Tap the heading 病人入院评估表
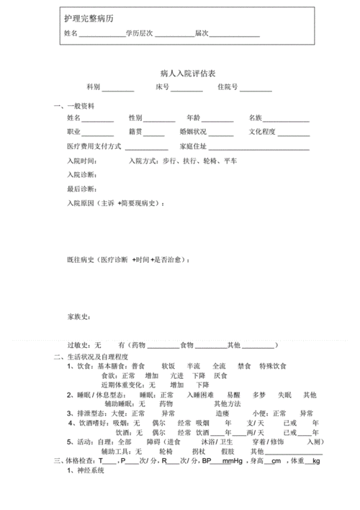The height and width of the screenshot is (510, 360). click(180, 73)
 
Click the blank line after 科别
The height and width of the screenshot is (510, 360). click(117, 89)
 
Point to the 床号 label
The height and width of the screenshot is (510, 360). click(162, 87)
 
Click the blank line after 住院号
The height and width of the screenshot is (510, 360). click(256, 89)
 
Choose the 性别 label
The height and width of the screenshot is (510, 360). click(135, 117)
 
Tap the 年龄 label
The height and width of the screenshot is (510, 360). click(193, 117)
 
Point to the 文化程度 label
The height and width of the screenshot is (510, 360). click(262, 133)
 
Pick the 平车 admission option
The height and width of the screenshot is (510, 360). click(230, 161)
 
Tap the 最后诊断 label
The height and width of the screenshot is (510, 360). click(81, 189)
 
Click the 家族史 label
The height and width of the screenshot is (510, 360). click(78, 316)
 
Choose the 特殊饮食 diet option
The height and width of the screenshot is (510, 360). click(274, 366)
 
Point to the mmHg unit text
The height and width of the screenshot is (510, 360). click(230, 461)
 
